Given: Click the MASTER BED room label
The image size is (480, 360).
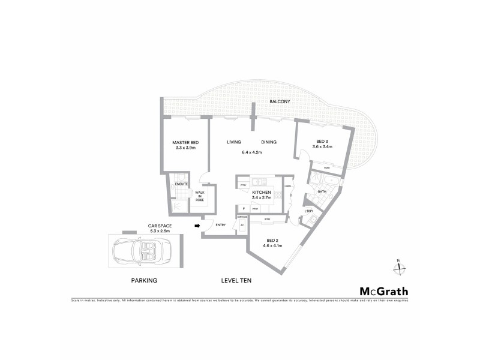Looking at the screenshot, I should pos(186,142).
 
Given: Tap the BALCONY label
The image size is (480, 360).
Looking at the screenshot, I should pos(280,102).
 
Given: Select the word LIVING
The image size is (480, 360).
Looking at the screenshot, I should pos(234,142).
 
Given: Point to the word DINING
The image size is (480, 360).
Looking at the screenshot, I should pos(269,142).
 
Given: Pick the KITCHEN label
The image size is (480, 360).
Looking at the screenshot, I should pos(262,192).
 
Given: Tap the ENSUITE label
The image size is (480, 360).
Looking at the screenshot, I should pos(182,184).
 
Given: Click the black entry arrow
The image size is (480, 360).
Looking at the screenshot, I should pos(197,226).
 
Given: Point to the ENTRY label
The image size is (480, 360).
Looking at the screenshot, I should pos(221,225).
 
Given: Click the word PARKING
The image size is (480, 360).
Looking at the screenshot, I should pos(144,280).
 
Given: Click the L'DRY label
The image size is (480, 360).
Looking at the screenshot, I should pos(309,211).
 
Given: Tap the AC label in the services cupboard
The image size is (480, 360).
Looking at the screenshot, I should pos(242,225).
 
